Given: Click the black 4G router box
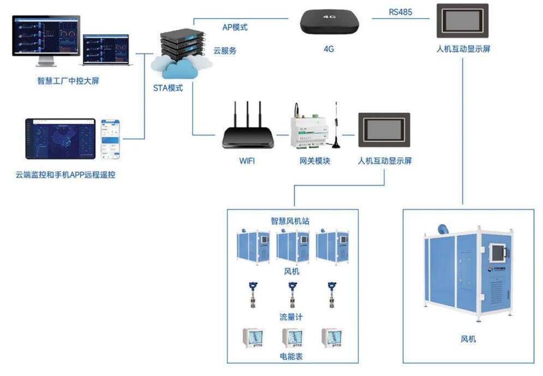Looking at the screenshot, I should point(329,22).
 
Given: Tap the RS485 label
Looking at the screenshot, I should point(401,10).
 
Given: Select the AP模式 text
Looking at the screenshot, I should point(235,27).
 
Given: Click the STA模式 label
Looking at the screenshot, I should point(168,88).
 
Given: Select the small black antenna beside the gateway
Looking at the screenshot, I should point(337,128).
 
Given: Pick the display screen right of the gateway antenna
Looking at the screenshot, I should point(384,130).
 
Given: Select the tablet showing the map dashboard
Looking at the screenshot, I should point(60,139).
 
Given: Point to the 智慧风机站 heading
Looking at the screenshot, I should point(291,221).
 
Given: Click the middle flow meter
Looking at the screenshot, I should point(292,295).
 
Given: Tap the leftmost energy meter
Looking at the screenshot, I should point(253,338).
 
